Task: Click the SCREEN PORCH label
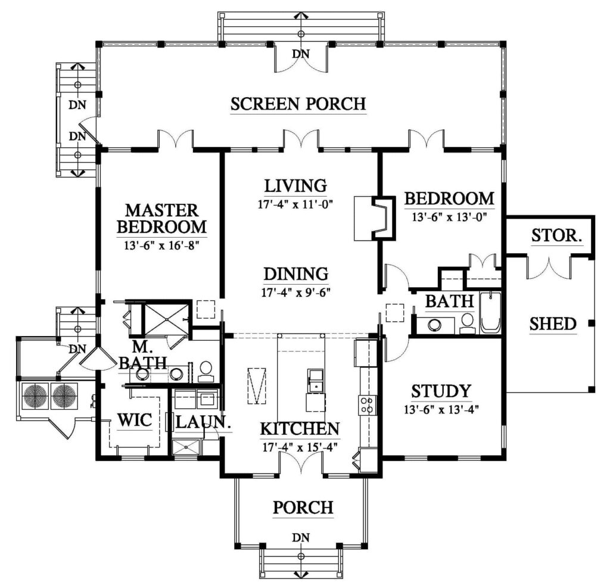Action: point(298,104)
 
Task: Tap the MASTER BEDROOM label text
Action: point(161,219)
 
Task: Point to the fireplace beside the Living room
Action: point(375,217)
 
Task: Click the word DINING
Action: point(296,274)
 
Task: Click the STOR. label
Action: point(557,236)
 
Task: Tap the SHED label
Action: point(553,324)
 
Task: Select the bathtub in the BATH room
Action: point(490,312)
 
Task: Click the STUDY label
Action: point(441,391)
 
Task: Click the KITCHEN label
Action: point(300,429)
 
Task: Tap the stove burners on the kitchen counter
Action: point(366,405)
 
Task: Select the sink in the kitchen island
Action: point(315,380)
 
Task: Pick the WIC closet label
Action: point(135,419)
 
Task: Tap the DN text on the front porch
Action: point(301,538)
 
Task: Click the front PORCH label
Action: point(303,508)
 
